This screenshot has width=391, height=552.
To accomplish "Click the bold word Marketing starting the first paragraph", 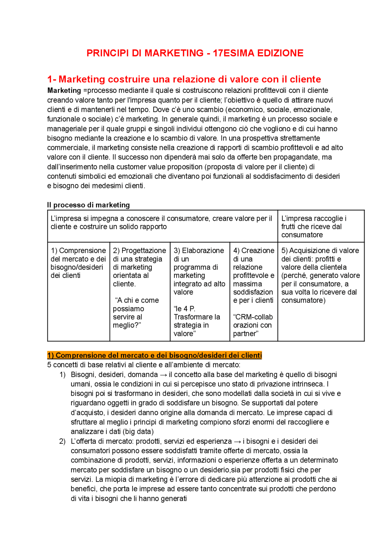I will [64, 91].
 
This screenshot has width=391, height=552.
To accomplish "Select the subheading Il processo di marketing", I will [88, 205].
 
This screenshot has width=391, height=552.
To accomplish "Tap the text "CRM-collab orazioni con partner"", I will [253, 325].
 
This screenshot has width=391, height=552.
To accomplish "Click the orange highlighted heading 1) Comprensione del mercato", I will [155, 355].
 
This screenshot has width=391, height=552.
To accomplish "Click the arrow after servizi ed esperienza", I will [237, 441].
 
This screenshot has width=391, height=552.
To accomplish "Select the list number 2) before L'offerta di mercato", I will [62, 441].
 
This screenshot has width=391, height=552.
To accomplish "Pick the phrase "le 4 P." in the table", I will [184, 309].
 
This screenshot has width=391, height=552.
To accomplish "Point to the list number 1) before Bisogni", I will [62, 375].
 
